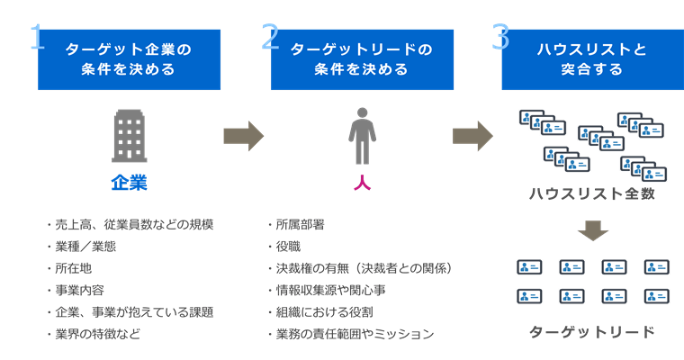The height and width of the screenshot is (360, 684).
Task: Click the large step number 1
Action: coord(36,37)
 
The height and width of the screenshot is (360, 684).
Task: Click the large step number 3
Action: coord(500,37)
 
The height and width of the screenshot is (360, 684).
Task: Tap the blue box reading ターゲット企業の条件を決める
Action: coord(131,59)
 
